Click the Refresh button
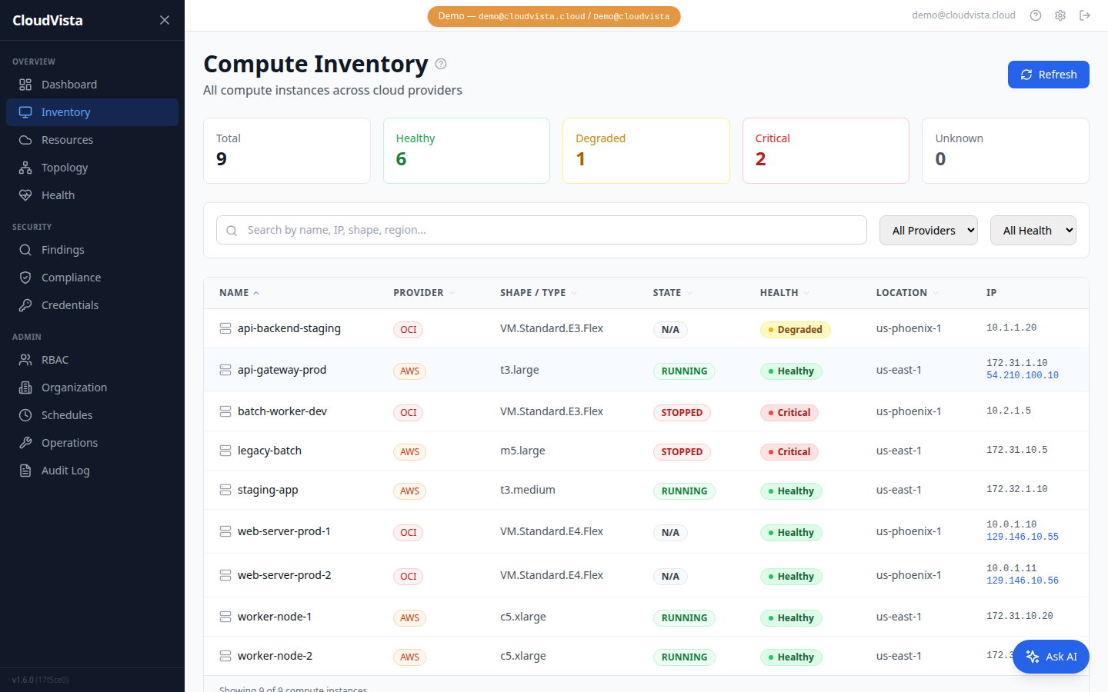click(x=1048, y=75)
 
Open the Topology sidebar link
click(x=65, y=168)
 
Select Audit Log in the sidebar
click(x=65, y=471)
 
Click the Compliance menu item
click(x=71, y=278)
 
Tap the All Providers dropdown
click(x=928, y=231)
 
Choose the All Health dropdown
click(x=1033, y=231)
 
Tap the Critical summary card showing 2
click(x=825, y=151)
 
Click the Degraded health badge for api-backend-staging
click(x=795, y=330)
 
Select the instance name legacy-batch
click(x=269, y=451)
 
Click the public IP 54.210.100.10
click(x=1022, y=375)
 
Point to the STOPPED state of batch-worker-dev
click(x=682, y=413)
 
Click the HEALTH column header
click(x=779, y=293)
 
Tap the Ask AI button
click(x=1050, y=657)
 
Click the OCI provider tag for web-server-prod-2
click(x=408, y=577)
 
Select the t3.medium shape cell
click(x=527, y=490)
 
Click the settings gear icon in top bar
click(x=1060, y=15)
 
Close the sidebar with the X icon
click(x=164, y=20)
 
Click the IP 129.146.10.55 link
click(x=1022, y=537)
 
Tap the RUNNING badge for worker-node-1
click(x=683, y=618)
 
